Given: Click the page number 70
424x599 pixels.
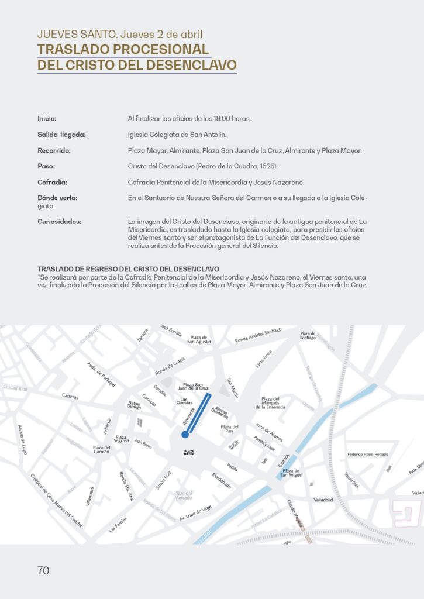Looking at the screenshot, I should tap(43, 571).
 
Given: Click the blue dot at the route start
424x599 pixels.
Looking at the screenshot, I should tap(185, 434).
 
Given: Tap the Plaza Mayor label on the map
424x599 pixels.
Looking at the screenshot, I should tap(189, 452).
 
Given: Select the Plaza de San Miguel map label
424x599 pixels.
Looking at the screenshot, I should tap(291, 473).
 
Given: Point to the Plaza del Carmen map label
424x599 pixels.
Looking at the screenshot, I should tap(101, 449).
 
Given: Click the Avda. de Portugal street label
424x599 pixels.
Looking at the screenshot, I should tap(101, 374).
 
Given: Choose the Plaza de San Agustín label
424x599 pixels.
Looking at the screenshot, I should tap(199, 339).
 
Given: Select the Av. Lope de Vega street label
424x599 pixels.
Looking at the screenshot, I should tap(195, 513).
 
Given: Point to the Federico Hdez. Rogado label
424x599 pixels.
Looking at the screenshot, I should tap(367, 454).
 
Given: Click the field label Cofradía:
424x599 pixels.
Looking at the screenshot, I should tap(52, 182).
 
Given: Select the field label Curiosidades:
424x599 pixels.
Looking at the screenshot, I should tap(59, 222).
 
